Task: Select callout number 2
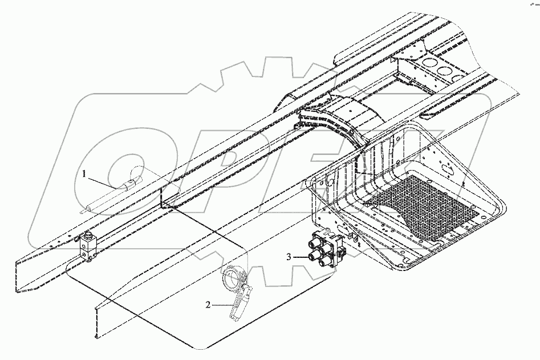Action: pyautogui.click(x=208, y=305)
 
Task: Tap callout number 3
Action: pyautogui.click(x=290, y=257)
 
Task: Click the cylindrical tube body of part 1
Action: pyautogui.click(x=111, y=196)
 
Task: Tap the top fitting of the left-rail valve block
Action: pyautogui.click(x=89, y=237)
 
